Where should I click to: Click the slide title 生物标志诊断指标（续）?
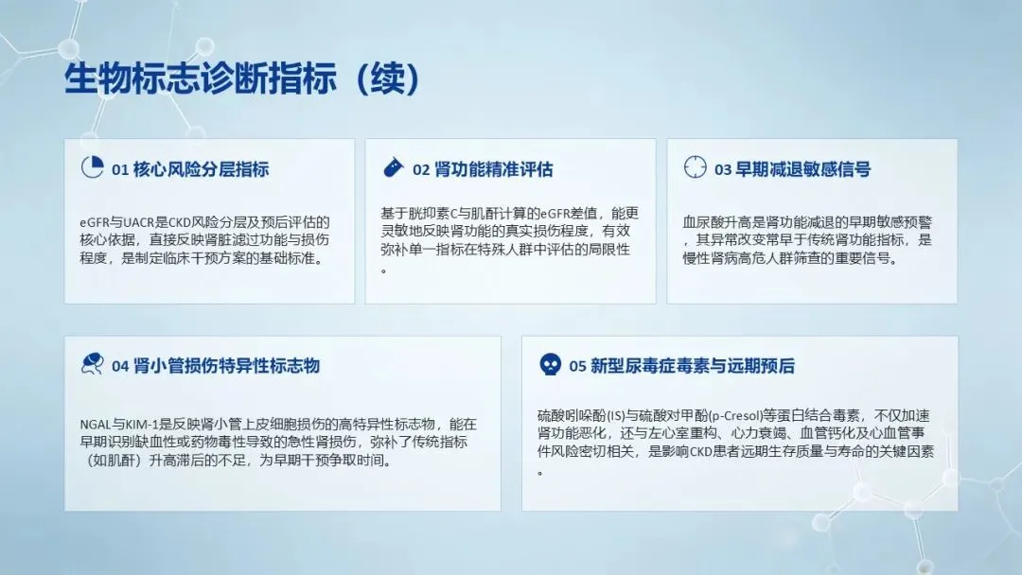242,78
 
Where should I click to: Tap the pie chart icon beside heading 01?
92,167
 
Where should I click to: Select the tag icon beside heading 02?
393,167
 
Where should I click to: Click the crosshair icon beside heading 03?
695,166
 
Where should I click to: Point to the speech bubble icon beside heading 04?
92,363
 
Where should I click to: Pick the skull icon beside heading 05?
550,364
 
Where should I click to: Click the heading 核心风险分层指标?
201,169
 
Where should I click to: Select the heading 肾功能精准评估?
493,169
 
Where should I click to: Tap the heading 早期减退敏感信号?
803,169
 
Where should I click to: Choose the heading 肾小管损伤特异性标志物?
226,365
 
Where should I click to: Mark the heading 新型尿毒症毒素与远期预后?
692,366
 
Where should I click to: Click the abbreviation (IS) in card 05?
616,415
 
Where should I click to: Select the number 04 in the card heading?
120,366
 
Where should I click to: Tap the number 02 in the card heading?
421,170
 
